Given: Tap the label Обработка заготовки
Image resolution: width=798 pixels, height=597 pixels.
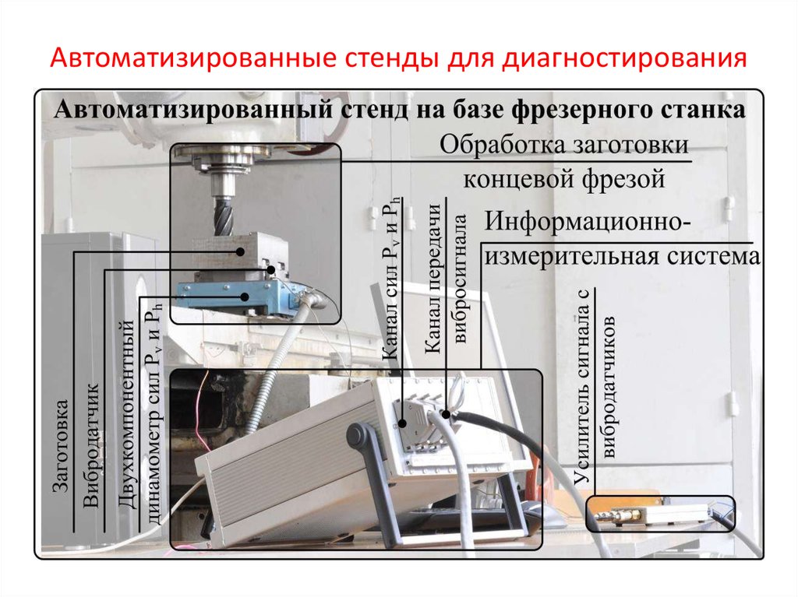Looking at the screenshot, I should (x=564, y=146).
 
